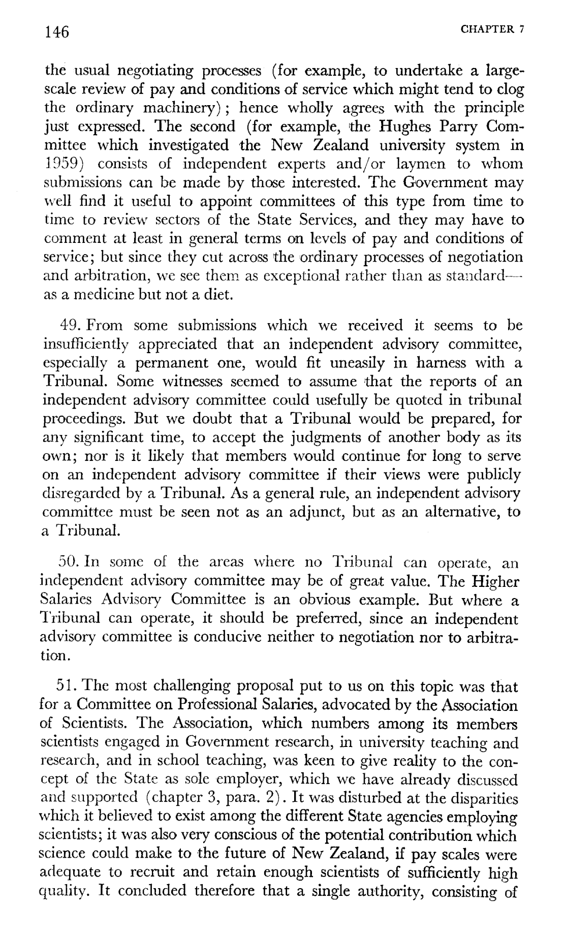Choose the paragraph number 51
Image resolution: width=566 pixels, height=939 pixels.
(x=67, y=686)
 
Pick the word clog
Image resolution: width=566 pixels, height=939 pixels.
(x=508, y=89)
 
